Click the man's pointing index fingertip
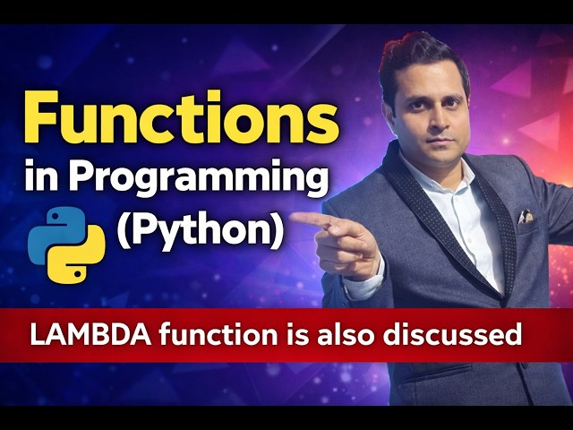[295, 217]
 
